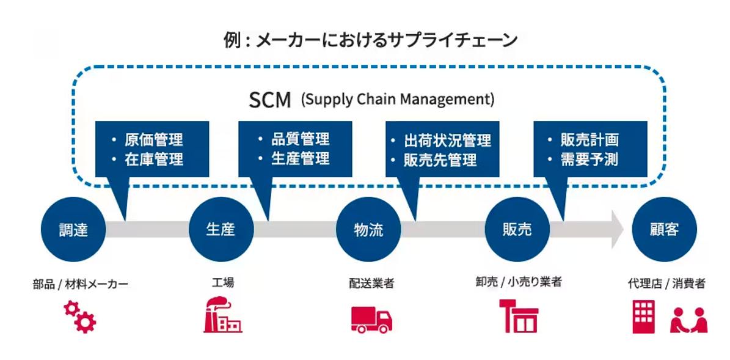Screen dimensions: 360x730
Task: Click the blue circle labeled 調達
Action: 73,230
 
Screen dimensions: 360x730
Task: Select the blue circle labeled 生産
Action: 221,230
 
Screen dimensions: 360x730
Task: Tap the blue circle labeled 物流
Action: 368,230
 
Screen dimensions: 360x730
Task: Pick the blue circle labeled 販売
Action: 517,230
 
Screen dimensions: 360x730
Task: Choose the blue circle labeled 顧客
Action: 664,230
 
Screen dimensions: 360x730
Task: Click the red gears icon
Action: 80,317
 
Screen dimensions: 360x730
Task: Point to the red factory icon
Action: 222,315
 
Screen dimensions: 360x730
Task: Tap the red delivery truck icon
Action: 371,320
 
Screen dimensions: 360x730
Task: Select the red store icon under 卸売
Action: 519,316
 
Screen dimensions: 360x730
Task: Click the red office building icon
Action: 643,317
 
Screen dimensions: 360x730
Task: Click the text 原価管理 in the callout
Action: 154,140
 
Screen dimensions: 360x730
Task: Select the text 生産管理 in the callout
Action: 301,159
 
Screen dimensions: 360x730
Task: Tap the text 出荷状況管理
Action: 447,141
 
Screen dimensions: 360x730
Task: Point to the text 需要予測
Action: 589,160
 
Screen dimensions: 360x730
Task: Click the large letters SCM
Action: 270,100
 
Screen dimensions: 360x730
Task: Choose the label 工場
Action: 223,282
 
